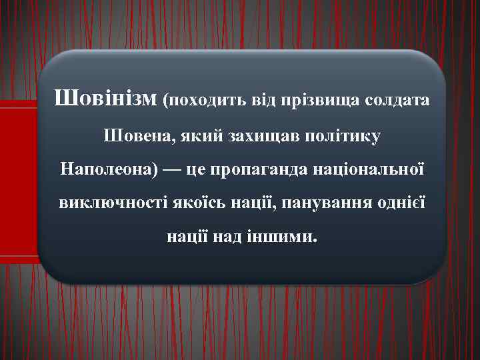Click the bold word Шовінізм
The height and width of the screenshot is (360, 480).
tap(106, 100)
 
